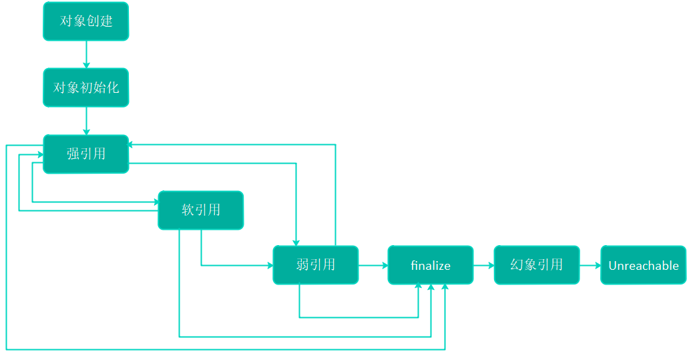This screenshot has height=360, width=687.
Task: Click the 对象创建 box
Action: click(86, 21)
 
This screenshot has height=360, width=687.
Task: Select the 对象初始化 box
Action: click(86, 87)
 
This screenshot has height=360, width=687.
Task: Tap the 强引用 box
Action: click(86, 154)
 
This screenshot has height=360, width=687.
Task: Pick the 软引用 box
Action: click(201, 210)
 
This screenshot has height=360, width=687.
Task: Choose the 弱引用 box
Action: click(315, 265)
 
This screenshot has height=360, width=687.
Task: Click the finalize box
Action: click(430, 265)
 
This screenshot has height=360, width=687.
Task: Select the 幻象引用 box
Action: click(537, 265)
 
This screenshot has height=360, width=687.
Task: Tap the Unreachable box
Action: click(643, 265)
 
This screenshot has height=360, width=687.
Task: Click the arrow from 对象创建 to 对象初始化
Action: click(86, 55)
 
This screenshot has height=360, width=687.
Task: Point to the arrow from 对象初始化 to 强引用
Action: click(86, 121)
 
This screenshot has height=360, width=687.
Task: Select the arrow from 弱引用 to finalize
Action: click(373, 265)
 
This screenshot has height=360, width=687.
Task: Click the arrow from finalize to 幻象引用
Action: click(483, 265)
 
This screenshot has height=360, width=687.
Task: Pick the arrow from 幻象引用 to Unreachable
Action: click(590, 265)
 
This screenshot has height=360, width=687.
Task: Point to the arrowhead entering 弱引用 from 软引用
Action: click(270, 265)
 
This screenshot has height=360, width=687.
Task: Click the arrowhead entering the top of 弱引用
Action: click(296, 243)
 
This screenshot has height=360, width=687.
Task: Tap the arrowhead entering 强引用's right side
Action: click(130, 144)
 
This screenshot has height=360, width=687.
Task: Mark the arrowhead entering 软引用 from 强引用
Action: click(156, 202)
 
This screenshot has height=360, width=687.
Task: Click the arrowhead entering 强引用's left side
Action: click(41, 154)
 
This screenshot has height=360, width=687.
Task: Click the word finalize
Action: click(430, 265)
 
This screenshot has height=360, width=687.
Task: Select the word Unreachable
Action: click(643, 265)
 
